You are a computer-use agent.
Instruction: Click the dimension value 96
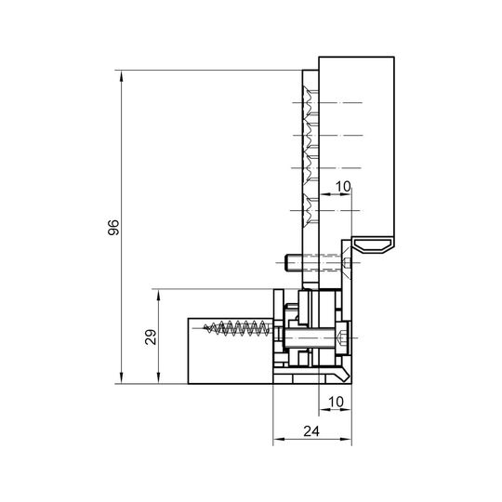[x=113, y=228]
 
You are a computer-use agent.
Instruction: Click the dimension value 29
[x=151, y=337]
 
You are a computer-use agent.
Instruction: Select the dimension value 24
[x=311, y=431]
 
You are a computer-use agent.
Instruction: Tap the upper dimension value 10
[x=343, y=186]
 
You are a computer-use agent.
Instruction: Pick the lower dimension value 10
[x=336, y=402]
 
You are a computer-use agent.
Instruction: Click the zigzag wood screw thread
[x=238, y=328]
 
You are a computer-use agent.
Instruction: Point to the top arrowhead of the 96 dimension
[x=121, y=76]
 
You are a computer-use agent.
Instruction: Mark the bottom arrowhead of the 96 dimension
[x=121, y=377]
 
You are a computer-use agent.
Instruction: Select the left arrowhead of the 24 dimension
[x=279, y=439]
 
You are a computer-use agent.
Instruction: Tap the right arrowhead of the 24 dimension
[x=346, y=439]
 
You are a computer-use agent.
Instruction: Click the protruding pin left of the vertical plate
[x=293, y=262]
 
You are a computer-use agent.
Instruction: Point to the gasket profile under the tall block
[x=374, y=245]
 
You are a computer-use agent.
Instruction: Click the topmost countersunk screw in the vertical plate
[x=310, y=102]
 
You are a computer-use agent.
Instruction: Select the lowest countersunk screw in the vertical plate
[x=310, y=210]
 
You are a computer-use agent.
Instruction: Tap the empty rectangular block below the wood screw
[x=230, y=360]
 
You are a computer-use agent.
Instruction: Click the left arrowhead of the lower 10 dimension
[x=324, y=409]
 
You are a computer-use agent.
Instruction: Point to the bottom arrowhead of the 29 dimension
[x=158, y=377]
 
